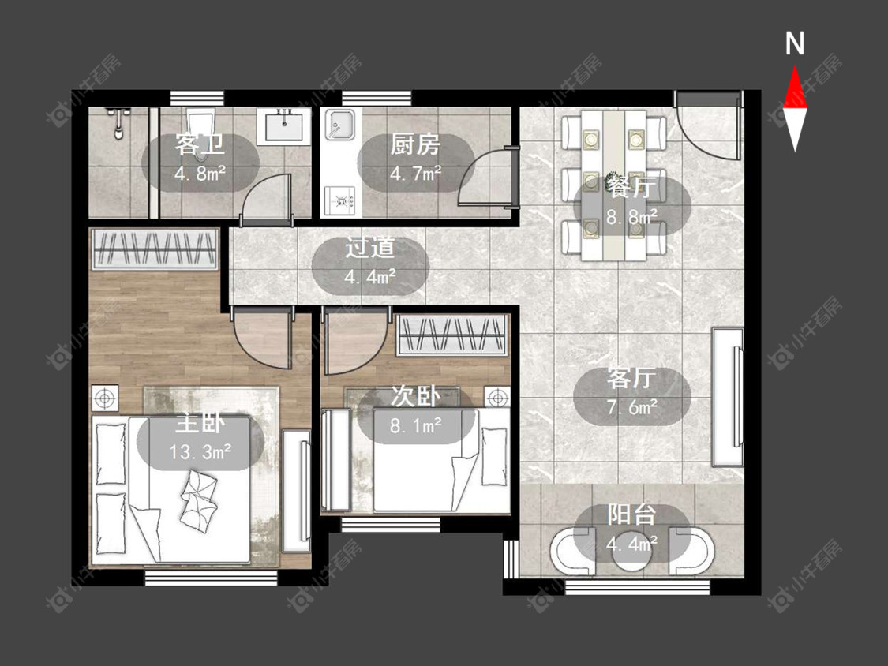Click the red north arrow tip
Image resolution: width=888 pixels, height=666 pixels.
click(795, 66)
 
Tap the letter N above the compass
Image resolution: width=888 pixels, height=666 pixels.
click(795, 43)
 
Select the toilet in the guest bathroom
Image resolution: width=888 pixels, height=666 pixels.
click(201, 122)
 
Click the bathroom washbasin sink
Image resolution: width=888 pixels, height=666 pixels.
click(283, 125)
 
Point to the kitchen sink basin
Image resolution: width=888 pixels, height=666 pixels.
click(339, 125)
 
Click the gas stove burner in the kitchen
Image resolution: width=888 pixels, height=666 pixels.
click(340, 200)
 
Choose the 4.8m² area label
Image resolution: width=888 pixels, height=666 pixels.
click(200, 173)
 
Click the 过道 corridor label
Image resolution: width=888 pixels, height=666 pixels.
click(370, 248)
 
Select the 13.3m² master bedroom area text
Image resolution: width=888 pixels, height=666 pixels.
click(200, 451)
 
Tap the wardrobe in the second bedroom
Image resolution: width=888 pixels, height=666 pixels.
click(452, 335)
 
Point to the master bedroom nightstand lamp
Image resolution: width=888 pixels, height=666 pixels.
click(105, 398)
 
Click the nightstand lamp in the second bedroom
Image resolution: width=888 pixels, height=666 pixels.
click(497, 398)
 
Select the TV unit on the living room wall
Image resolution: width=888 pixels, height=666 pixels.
click(728, 396)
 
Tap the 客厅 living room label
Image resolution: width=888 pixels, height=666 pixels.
click(631, 378)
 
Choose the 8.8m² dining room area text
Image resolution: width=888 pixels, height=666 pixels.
click(632, 215)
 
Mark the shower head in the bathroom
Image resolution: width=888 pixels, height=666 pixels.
click(118, 123)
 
